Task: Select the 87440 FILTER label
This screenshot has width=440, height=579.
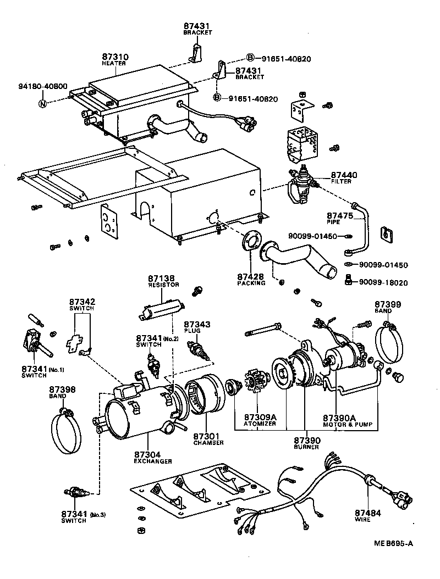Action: point(344,177)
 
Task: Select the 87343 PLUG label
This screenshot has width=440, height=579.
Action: point(197,327)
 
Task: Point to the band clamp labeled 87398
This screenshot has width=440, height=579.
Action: point(67,432)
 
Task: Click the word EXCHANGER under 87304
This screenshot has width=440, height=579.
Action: point(153,461)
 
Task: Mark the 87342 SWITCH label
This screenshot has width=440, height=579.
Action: point(82,305)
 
